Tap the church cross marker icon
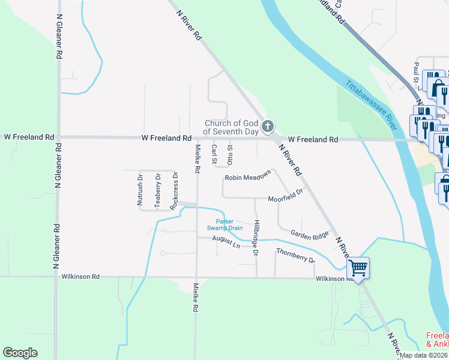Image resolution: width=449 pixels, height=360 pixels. (268, 126)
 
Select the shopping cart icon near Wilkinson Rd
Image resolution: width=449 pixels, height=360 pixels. (358, 267)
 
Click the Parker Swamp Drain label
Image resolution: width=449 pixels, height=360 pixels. (225, 224)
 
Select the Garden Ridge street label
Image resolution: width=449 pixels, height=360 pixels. (310, 235)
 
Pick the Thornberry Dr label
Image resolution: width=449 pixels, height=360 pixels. (295, 255)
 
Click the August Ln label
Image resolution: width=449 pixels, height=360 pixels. (226, 241)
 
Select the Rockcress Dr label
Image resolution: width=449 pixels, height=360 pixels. (175, 191)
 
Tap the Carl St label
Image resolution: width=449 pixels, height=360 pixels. (214, 153)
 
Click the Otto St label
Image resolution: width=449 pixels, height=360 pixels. (230, 153)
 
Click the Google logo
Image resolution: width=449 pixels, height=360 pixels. (20, 353)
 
